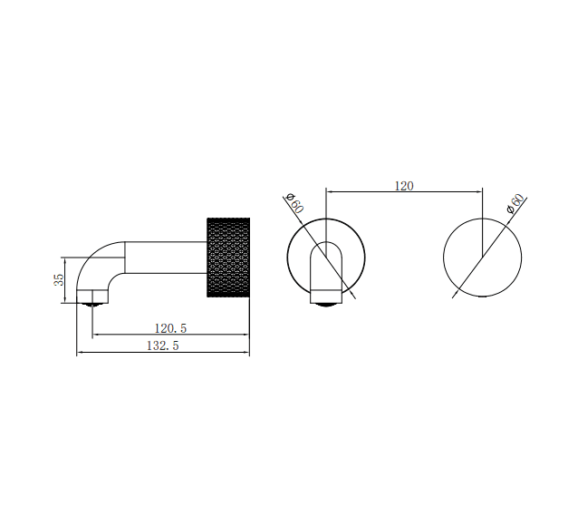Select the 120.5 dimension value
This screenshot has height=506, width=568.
(x=170, y=327)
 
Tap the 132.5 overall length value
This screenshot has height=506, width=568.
(x=162, y=346)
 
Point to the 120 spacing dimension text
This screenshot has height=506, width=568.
(x=403, y=185)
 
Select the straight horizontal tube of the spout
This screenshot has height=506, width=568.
(x=163, y=257)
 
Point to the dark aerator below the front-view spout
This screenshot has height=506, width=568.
(x=325, y=303)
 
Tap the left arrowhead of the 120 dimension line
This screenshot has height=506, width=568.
(x=329, y=191)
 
